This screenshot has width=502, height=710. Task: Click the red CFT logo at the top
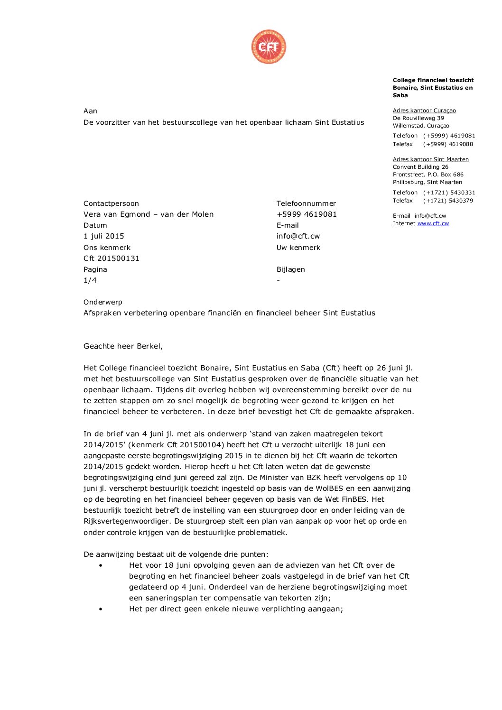point(269,46)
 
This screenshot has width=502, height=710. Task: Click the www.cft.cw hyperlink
point(433,223)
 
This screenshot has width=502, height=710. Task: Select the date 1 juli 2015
point(104,236)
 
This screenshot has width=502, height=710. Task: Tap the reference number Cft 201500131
point(112,258)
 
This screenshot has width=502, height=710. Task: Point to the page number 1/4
point(90,280)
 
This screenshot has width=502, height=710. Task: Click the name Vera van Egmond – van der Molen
point(149,214)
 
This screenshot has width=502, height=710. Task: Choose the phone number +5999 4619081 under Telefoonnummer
point(307,214)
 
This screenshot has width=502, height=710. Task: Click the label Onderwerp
point(103,302)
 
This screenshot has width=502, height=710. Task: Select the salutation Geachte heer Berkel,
point(123,346)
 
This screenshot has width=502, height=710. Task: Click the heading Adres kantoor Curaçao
point(424,111)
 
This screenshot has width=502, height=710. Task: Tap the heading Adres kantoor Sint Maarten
point(430,159)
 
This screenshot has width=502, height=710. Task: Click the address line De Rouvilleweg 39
point(418,118)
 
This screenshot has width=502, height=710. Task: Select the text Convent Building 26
point(420,167)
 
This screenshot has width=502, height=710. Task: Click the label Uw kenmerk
point(298,248)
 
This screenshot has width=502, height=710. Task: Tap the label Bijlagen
point(291,269)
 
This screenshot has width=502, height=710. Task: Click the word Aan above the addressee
point(90,111)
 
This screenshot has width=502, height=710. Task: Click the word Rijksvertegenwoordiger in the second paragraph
point(126,521)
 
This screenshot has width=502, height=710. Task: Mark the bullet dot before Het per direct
point(101,609)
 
